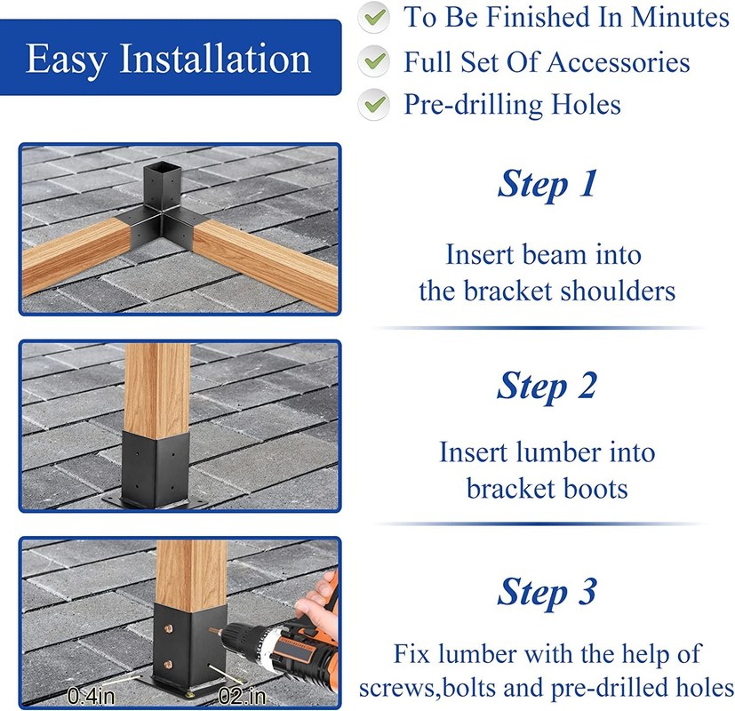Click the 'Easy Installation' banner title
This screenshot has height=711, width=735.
pos(168,58)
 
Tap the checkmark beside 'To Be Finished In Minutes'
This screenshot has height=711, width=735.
pos(374,18)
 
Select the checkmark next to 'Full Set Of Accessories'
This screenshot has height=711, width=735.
pos(374,61)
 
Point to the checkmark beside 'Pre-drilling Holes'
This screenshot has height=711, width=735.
pos(374,104)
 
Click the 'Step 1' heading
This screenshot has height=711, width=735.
pos(547,184)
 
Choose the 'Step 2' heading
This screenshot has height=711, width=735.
pos(547,386)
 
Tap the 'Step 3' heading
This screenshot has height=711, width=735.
pos(547,592)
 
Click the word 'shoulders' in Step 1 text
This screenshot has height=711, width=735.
pos(618,291)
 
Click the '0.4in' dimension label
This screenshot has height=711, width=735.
pos(91,696)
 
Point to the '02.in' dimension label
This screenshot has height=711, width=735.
pos(243,696)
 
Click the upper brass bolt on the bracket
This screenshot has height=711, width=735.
pos(168,628)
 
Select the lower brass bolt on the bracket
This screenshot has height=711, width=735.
pos(168,664)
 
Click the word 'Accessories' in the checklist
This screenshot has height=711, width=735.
pos(619,62)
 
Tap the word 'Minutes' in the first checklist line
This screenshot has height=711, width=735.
pos(680,18)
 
